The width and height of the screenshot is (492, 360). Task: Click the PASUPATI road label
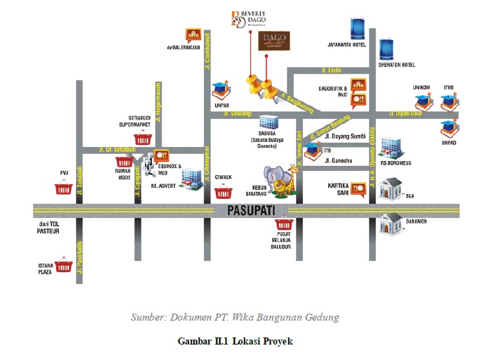coord(247,210)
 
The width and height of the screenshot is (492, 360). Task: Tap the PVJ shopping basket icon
coord(63,188)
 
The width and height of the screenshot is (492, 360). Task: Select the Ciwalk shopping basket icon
coord(224,192)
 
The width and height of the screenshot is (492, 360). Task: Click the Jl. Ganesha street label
coord(339,160)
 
